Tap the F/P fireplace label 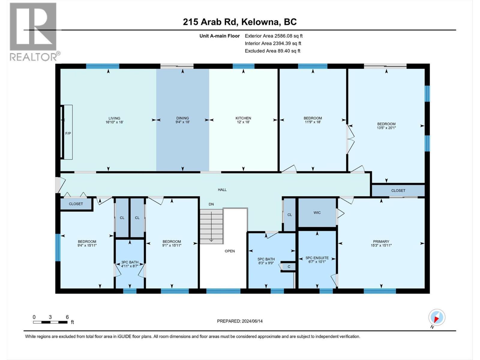[68, 133]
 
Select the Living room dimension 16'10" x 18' [114, 122]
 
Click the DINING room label [182, 118]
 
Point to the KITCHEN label [243, 118]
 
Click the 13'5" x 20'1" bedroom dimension [386, 128]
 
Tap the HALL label [222, 190]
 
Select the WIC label [317, 212]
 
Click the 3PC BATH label [130, 262]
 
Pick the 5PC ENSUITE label [317, 258]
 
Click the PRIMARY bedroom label [381, 241]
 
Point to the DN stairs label [211, 204]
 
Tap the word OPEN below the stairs [230, 251]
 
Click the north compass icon [437, 317]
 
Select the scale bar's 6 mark [67, 317]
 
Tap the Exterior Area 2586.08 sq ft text [274, 36]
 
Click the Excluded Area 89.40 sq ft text [272, 51]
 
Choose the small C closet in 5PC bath [289, 266]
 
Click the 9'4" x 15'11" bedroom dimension [87, 245]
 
